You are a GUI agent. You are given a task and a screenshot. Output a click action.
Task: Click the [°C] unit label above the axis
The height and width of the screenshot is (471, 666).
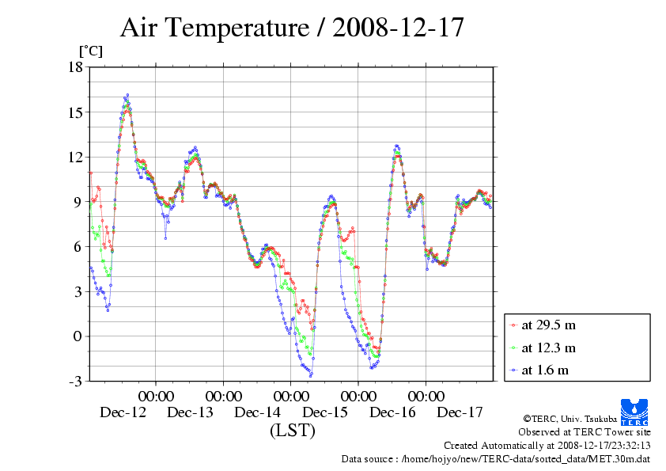pos(90,51)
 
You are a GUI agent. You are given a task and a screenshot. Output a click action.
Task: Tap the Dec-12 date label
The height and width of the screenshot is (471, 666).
pos(123,412)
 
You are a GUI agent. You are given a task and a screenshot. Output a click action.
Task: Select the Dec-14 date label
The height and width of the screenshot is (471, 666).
pos(258,412)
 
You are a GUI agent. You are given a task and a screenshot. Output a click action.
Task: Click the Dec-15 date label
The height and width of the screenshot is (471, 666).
pos(325,412)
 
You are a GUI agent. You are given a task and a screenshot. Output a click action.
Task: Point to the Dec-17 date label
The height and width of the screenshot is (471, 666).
pos(460,412)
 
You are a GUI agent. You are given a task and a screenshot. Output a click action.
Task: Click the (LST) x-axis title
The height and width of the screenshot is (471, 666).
pos(292,431)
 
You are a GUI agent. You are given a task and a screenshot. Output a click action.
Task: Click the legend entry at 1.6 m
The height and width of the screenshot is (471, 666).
pos(545,370)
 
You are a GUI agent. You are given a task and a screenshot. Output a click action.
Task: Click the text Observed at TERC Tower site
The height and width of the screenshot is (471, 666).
pos(585,432)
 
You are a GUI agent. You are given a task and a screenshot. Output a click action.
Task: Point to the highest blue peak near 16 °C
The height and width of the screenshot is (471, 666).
pos(127,95)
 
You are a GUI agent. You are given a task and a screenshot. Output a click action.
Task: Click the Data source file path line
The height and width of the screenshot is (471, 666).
pos(495,458)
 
